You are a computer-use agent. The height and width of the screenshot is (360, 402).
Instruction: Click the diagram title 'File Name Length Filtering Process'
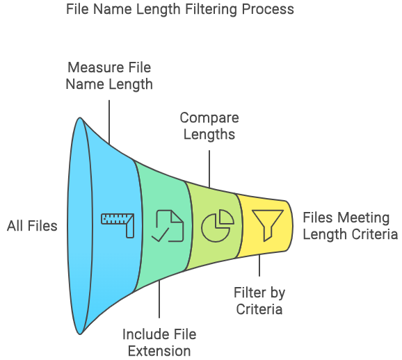(x=180, y=10)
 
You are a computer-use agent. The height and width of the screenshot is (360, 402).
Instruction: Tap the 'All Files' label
(x=32, y=226)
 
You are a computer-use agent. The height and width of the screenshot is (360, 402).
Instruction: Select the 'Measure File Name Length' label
(x=109, y=76)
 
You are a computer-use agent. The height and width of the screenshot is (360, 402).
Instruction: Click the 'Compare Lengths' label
(x=209, y=126)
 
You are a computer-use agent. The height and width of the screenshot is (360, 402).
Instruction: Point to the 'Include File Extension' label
(x=159, y=343)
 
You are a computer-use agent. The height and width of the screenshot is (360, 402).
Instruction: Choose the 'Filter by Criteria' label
(x=259, y=300)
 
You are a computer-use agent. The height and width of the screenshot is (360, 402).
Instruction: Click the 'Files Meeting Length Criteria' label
(x=351, y=226)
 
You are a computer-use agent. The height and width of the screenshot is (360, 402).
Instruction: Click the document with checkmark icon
(x=168, y=226)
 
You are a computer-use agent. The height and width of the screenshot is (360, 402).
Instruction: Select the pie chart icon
(x=218, y=226)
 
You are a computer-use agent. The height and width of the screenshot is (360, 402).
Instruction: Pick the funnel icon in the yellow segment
(x=268, y=225)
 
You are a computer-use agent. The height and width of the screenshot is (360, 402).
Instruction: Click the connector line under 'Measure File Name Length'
(x=109, y=122)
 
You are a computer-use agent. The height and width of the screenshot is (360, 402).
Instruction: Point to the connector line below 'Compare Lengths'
(x=209, y=169)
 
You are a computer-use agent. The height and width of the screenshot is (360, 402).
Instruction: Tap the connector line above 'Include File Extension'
(x=159, y=300)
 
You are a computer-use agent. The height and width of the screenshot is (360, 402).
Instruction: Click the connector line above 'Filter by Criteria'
(x=259, y=265)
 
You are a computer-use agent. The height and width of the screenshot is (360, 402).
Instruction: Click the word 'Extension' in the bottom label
(x=159, y=351)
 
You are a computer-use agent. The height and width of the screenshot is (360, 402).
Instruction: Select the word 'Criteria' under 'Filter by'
(x=259, y=309)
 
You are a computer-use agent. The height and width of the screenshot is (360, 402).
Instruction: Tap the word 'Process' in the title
(x=268, y=10)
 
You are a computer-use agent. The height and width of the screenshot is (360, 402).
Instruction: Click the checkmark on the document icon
(x=160, y=234)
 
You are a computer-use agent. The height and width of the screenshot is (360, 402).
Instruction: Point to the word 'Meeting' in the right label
(x=364, y=218)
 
